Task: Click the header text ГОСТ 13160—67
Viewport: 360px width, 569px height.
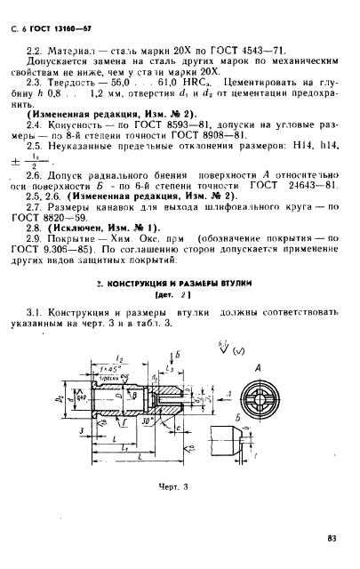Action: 60,15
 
